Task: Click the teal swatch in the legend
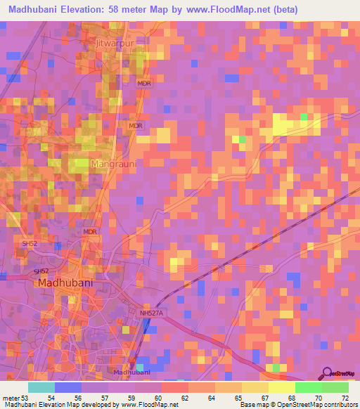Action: [41, 387]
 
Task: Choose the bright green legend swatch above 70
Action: [309, 387]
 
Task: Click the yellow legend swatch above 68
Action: [282, 387]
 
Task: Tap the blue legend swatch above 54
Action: [68, 387]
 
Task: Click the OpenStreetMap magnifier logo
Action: [328, 373]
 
